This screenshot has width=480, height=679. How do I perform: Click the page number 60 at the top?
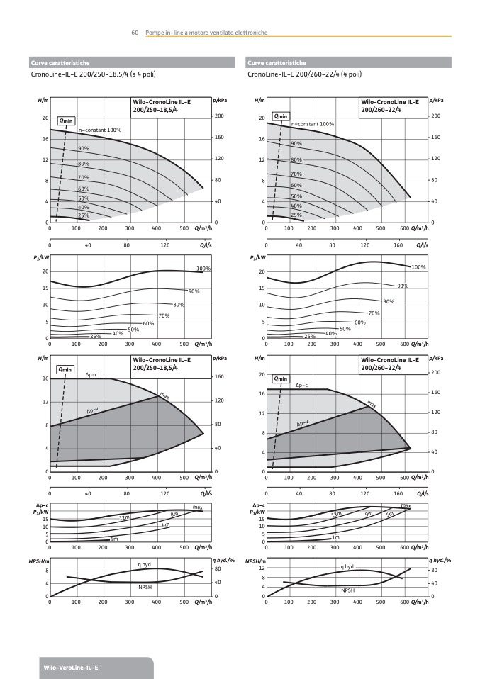[134, 33]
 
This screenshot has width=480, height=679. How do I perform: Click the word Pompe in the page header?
[154, 33]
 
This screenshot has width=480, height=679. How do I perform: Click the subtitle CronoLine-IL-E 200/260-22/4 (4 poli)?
[304, 74]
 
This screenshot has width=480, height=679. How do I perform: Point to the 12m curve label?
[125, 518]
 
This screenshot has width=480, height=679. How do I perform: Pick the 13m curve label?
[347, 514]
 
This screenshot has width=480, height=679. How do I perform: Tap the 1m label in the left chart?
[113, 539]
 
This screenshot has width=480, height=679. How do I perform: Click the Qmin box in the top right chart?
[281, 116]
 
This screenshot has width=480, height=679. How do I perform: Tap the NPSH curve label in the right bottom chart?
[347, 590]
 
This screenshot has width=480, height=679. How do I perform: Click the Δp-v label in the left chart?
[93, 411]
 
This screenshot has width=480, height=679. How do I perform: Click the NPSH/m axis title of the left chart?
[38, 561]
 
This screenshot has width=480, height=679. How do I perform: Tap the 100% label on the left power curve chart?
[204, 269]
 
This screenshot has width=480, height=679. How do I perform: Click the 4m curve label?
[165, 525]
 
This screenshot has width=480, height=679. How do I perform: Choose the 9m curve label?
[369, 513]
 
